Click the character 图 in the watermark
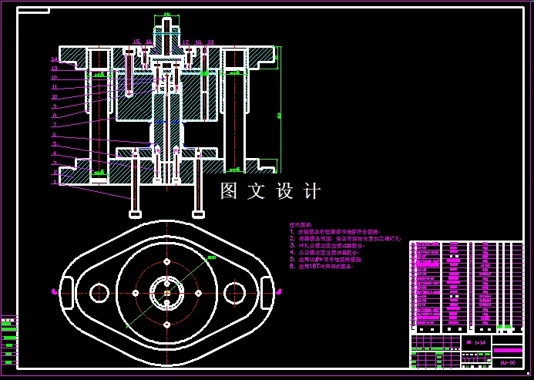pyautogui.click(x=229, y=191)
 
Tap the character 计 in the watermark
pyautogui.click(x=311, y=191)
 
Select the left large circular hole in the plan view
pyautogui.click(x=99, y=293)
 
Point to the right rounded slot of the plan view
pyautogui.click(x=267, y=292)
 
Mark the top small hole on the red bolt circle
pyautogui.click(x=166, y=261)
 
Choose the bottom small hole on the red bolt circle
pyautogui.click(x=166, y=325)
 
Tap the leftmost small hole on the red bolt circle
pyautogui.click(x=135, y=293)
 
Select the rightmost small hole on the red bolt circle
pyautogui.click(x=199, y=293)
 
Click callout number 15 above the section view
pyautogui.click(x=136, y=42)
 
